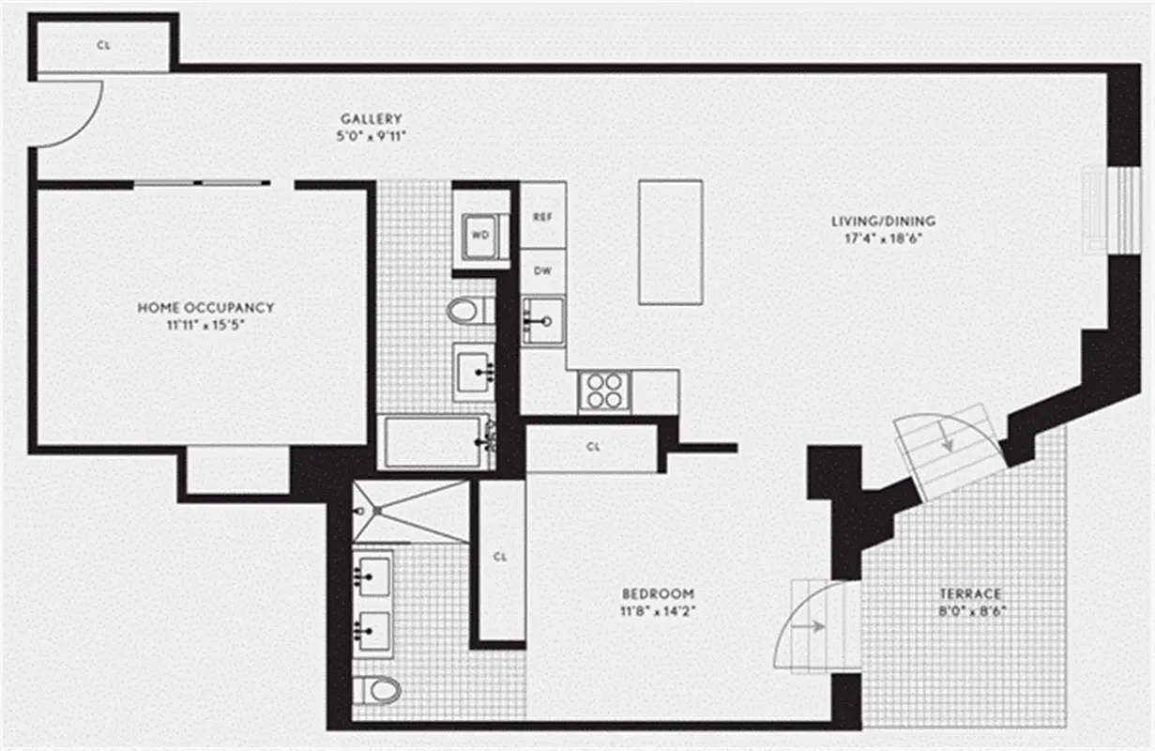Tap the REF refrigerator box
click(542, 216)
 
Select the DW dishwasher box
click(542, 272)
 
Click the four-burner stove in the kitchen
click(604, 391)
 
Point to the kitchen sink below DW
click(542, 320)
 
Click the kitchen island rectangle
click(670, 242)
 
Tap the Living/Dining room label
click(883, 222)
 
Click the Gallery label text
click(371, 119)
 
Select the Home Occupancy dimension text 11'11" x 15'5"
click(205, 325)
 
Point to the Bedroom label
click(658, 593)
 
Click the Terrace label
click(970, 593)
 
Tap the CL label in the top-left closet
click(102, 44)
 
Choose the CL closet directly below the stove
click(592, 448)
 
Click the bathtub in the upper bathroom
click(437, 442)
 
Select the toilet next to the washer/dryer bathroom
click(465, 311)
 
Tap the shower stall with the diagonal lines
click(410, 512)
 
